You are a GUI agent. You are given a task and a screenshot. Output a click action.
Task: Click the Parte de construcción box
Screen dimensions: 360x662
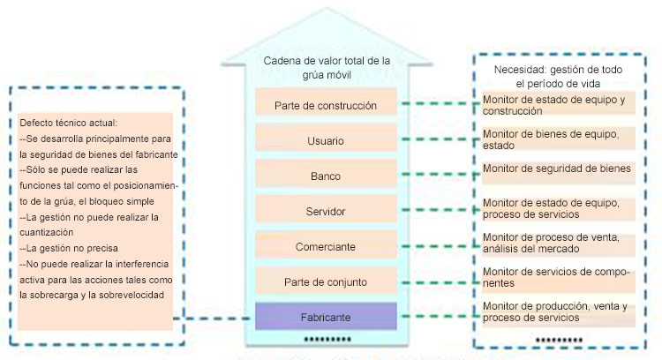(x=326, y=105)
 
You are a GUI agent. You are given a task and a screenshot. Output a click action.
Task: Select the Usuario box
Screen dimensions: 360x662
(x=326, y=140)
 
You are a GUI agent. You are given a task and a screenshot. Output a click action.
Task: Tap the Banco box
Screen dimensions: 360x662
(x=326, y=176)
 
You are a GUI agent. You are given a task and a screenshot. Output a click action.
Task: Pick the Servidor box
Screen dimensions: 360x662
(x=326, y=212)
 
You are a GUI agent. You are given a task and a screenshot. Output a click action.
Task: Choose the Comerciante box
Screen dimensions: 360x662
(x=326, y=247)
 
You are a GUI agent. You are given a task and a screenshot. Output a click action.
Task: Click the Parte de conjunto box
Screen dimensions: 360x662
(x=326, y=281)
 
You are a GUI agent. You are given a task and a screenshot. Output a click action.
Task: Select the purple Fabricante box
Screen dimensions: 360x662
(x=326, y=317)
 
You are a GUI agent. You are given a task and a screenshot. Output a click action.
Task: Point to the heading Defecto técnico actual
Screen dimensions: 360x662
(x=68, y=123)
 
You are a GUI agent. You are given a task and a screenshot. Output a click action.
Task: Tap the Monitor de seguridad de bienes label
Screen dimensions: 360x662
(x=557, y=168)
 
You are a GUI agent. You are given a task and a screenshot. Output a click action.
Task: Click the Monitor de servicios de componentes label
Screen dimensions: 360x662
(x=557, y=277)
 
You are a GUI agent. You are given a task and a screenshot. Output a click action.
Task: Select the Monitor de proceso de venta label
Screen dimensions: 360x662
(x=557, y=242)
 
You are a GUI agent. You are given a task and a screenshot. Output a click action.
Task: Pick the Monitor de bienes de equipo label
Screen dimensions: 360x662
(x=557, y=139)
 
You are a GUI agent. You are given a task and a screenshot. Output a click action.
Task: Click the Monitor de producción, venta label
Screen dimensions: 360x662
(x=557, y=311)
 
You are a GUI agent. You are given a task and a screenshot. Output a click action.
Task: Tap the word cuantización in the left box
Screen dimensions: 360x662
(x=47, y=232)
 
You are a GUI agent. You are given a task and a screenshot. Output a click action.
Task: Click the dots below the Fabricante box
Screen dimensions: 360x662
(x=326, y=339)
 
